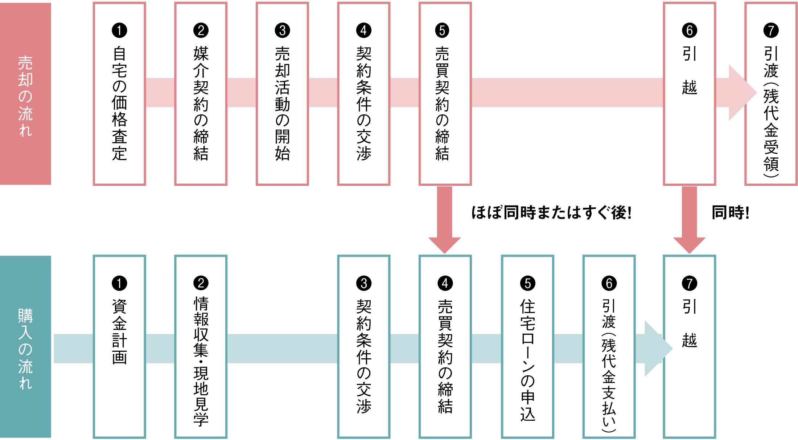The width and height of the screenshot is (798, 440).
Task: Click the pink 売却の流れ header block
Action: pyautogui.click(x=25, y=94)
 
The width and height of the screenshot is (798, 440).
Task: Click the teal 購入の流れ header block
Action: pyautogui.click(x=25, y=347)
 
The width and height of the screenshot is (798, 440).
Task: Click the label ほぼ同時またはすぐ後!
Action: pyautogui.click(x=551, y=213)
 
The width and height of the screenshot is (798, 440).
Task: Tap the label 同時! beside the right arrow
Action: pyautogui.click(x=730, y=213)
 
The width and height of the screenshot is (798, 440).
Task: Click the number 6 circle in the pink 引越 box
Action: pyautogui.click(x=690, y=30)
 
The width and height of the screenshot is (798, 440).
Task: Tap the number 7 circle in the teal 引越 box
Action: pyautogui.click(x=690, y=284)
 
